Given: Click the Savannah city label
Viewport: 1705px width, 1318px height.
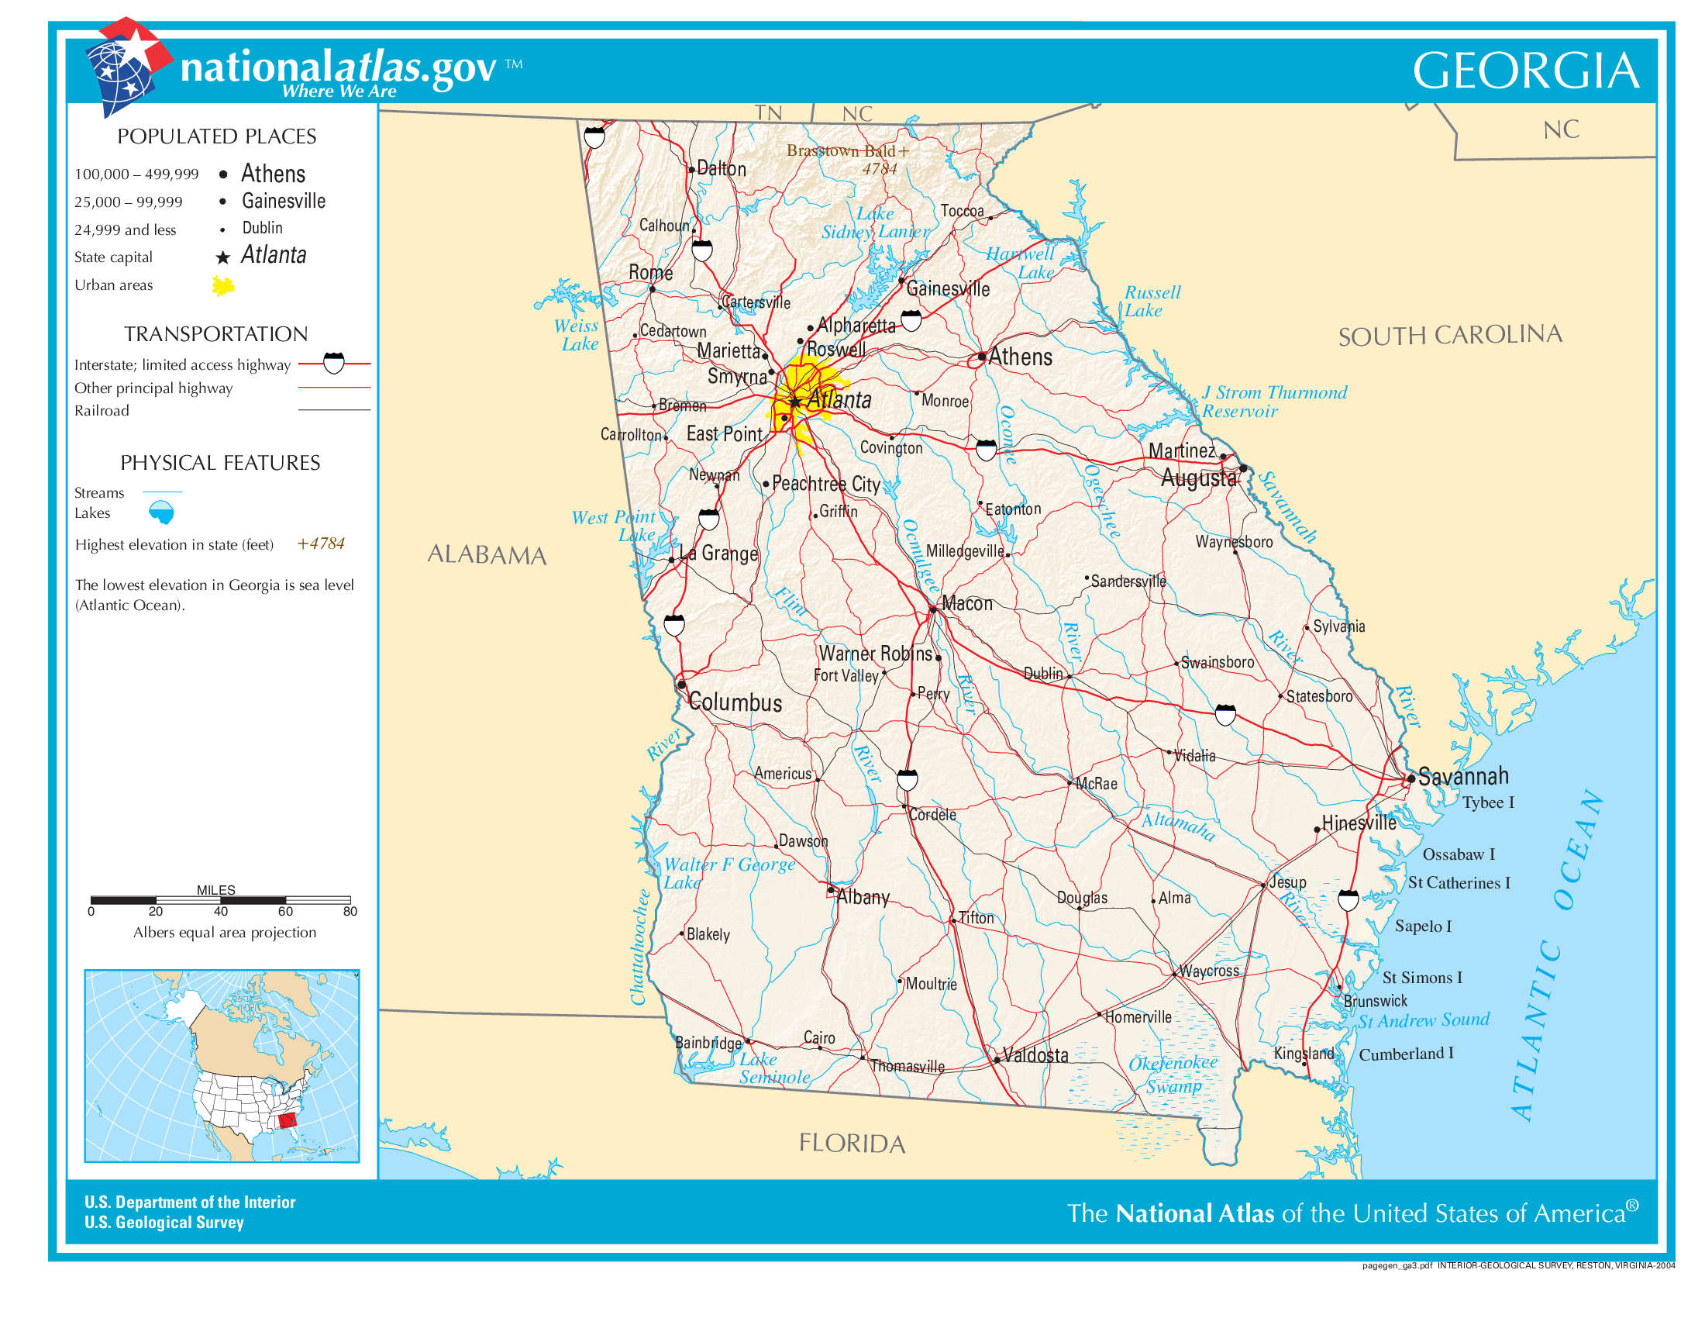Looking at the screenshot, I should [1462, 776].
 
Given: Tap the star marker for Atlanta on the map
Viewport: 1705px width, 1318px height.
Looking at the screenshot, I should [794, 403].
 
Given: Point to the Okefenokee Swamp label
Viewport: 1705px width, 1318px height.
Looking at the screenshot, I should [1173, 1074].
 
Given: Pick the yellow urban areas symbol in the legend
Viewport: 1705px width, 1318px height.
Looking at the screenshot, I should [223, 286].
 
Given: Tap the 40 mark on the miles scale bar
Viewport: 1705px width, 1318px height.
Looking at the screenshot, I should [221, 911].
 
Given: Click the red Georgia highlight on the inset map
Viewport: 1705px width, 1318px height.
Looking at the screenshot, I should [288, 1121].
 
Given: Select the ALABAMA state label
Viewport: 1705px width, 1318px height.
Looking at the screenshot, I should [487, 554].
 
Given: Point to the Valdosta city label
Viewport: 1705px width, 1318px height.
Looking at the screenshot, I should [1035, 1056].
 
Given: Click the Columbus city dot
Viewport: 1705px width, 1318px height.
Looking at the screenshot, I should [681, 685].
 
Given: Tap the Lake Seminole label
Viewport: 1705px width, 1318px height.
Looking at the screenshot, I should [773, 1068].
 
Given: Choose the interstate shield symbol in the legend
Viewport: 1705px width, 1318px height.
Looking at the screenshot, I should [333, 364].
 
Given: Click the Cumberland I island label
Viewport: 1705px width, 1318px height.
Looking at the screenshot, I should [1405, 1054].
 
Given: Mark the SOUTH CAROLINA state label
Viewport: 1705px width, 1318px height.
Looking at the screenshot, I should [1449, 336].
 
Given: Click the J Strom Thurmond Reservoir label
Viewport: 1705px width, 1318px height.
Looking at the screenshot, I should [1273, 402].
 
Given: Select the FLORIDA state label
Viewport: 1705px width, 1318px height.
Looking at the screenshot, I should [851, 1144].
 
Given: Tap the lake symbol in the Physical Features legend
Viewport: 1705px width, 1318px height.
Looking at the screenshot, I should [162, 513].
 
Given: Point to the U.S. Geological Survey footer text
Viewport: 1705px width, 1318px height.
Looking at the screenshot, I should [164, 1223].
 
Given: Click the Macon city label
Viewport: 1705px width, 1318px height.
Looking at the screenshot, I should [966, 603].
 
